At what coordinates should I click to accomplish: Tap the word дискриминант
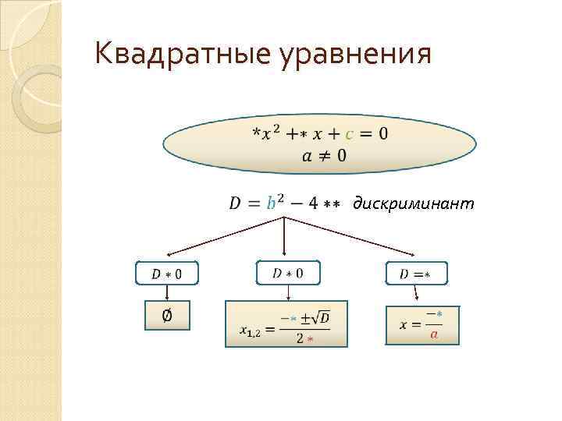[x=414, y=203]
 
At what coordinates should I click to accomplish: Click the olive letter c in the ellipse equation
[x=349, y=133]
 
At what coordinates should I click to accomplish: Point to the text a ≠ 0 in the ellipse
[x=323, y=156]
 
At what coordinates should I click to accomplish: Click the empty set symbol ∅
[x=166, y=316]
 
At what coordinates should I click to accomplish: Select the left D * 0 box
[x=167, y=273]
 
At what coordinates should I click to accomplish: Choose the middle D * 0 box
[x=288, y=272]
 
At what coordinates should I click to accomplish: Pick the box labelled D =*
[x=417, y=273]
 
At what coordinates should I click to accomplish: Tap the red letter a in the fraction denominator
[x=434, y=334]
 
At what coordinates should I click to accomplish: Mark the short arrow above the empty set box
[x=166, y=292]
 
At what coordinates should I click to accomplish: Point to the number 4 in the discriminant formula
[x=312, y=203]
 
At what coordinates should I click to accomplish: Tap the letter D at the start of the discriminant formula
[x=235, y=203]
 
